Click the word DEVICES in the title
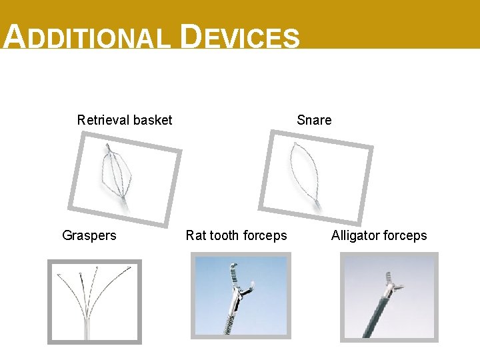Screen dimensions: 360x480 pos(240,37)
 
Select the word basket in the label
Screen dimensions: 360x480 pos(153,120)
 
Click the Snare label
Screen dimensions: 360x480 pos(314,120)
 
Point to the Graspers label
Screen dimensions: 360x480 pos(89,235)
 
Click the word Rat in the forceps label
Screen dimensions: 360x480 pos(196,235)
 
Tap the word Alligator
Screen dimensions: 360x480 pos(356,235)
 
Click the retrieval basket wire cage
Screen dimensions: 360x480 pos(116,170)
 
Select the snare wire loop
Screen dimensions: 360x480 pos(304,170)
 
